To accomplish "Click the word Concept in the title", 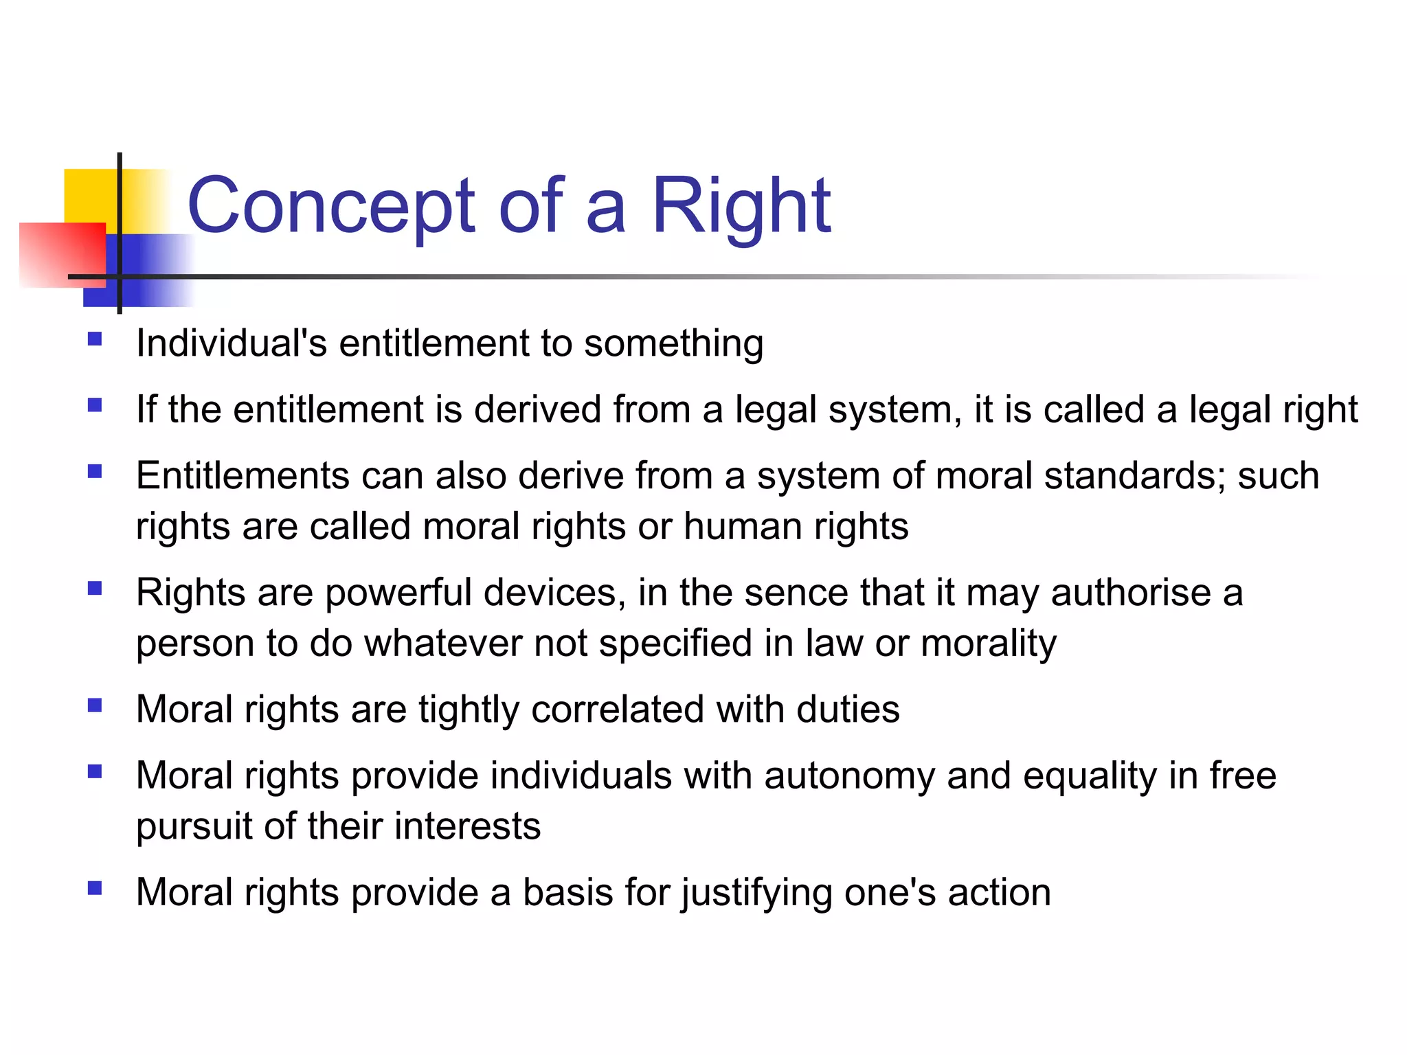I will (330, 205).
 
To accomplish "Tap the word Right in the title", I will (741, 205).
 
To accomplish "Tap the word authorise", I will (1131, 593).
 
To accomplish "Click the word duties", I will (848, 710).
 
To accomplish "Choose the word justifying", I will (756, 893).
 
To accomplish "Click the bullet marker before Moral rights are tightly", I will (95, 705).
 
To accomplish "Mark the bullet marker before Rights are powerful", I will (95, 589).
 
